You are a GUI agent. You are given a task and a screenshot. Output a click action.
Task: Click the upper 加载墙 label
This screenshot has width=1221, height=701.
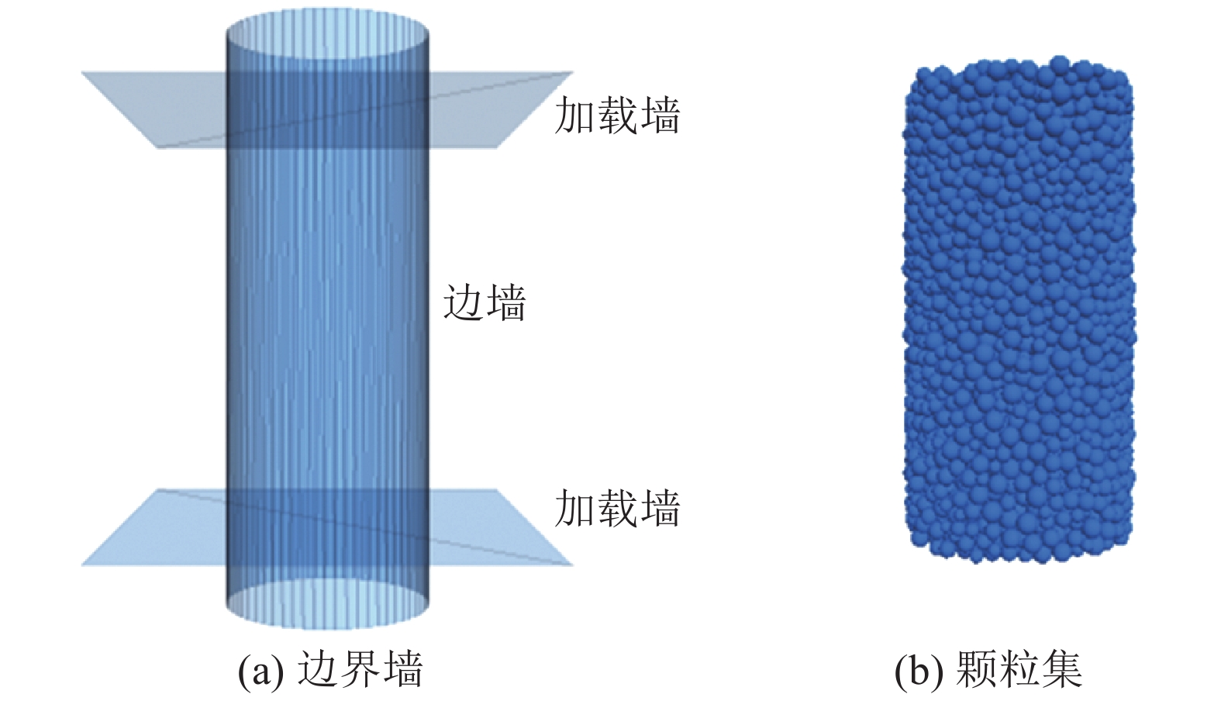point(617,116)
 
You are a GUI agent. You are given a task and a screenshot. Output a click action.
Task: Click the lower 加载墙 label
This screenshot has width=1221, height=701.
point(617,509)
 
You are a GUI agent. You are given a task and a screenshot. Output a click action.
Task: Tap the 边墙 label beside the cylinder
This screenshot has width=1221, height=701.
point(485,302)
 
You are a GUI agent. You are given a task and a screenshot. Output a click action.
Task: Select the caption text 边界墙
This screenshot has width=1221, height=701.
point(360,669)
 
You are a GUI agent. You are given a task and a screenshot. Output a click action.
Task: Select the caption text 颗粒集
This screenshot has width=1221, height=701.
point(1019,669)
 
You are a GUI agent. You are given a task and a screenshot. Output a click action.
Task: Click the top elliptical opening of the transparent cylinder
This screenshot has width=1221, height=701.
point(326,34)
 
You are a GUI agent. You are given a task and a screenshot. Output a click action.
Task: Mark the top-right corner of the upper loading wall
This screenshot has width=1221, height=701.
point(571,73)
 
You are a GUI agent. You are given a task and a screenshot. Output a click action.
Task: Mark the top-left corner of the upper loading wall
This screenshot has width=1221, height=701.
point(83,73)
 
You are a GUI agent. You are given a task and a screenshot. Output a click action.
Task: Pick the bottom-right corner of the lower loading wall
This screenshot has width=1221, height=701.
point(571,564)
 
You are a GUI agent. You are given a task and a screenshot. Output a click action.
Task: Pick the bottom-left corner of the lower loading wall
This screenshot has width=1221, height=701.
point(83,564)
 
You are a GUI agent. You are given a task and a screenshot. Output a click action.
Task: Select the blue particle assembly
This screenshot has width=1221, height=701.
point(1018,310)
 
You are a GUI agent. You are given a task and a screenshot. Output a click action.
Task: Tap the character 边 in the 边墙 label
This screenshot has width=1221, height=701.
point(463,302)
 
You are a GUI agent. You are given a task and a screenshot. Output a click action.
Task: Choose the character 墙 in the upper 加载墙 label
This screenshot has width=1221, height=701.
point(660,116)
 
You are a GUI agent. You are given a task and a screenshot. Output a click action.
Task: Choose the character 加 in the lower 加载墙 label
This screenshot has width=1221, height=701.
point(574,509)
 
